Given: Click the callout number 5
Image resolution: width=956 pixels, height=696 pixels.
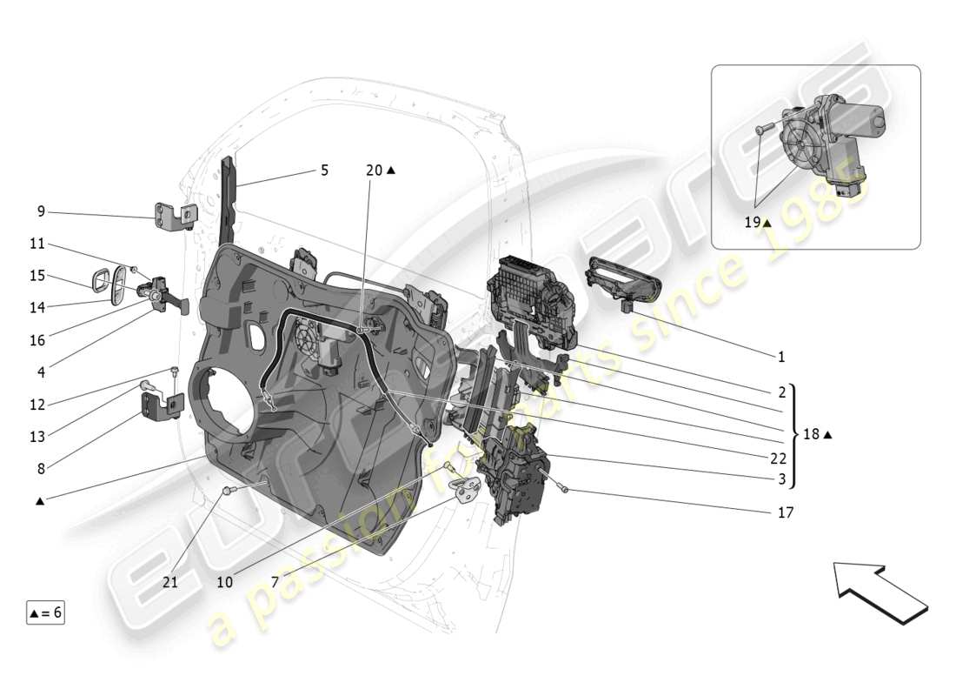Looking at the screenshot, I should (324, 171).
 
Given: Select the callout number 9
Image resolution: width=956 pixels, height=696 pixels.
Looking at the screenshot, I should (41, 211).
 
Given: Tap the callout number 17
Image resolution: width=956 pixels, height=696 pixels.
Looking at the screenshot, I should (784, 513).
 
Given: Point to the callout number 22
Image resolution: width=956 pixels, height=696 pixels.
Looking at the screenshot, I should (779, 459).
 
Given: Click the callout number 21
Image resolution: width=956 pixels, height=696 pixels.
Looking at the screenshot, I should (169, 582).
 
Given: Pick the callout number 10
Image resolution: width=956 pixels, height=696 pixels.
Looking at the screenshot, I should (225, 582).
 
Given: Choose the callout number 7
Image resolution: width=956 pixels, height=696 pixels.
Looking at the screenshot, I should (276, 582).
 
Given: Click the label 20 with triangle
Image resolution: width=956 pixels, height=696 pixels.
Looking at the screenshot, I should (380, 171).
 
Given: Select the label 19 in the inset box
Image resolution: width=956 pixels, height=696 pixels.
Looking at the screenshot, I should (756, 223).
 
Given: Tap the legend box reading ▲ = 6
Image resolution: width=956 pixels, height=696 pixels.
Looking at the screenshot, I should (45, 612).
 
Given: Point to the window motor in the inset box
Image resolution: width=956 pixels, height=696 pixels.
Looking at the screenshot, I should (826, 139).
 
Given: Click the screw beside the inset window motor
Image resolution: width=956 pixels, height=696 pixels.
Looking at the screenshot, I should (762, 129).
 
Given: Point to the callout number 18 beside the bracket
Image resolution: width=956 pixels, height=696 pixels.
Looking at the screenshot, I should (816, 434).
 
